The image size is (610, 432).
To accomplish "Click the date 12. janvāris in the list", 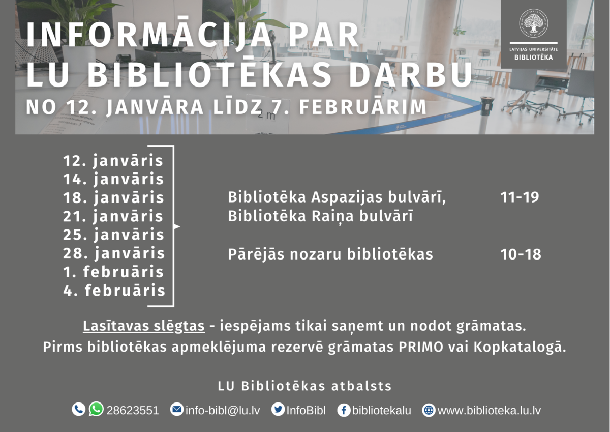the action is [x=113, y=160].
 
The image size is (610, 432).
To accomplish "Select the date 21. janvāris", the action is [x=113, y=216].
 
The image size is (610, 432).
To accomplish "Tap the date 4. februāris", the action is [x=114, y=290].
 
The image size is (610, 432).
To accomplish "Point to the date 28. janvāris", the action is [x=114, y=253].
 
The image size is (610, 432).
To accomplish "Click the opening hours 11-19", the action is [x=520, y=197].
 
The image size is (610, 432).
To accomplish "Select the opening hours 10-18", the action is [x=521, y=254].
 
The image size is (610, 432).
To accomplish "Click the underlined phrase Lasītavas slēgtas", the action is [x=144, y=326].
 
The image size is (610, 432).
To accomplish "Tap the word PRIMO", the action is [x=421, y=347].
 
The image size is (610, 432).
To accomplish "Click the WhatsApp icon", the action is [x=96, y=409].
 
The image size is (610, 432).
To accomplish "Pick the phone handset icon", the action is [x=79, y=410].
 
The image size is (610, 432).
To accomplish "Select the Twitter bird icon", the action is [x=278, y=410].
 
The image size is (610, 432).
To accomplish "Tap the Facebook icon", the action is [x=344, y=410].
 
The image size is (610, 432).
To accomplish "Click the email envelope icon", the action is [x=177, y=410].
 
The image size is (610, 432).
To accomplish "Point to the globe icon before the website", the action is [x=429, y=410].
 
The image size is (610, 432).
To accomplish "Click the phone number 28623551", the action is [x=133, y=411].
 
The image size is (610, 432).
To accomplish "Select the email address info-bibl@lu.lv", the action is [x=223, y=411].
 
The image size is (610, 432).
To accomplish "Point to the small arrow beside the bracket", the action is [x=177, y=226].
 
